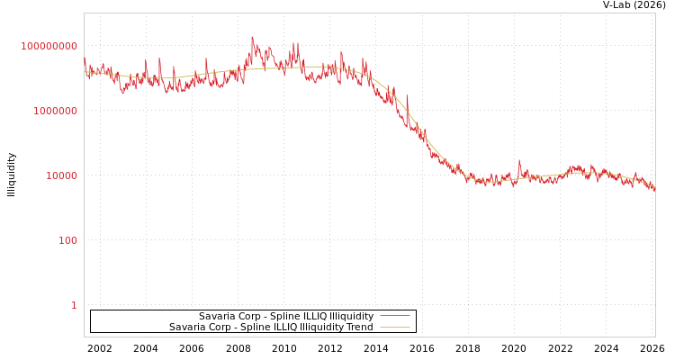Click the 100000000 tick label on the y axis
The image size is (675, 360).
(x=49, y=46)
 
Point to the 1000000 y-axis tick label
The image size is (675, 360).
(x=55, y=111)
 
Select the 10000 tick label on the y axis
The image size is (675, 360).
(x=61, y=175)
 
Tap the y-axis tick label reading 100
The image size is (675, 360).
(x=67, y=240)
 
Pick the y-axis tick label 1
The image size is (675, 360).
(x=74, y=305)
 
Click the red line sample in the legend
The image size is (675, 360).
(x=395, y=317)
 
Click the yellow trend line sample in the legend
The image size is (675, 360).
(x=395, y=328)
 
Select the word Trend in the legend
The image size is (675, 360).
(x=358, y=328)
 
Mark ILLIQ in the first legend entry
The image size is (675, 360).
(x=303, y=317)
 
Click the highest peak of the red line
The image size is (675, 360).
(x=251, y=37)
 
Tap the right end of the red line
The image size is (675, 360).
(x=654, y=189)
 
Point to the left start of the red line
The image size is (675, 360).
(x=85, y=60)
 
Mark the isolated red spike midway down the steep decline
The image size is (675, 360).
(x=406, y=95)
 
